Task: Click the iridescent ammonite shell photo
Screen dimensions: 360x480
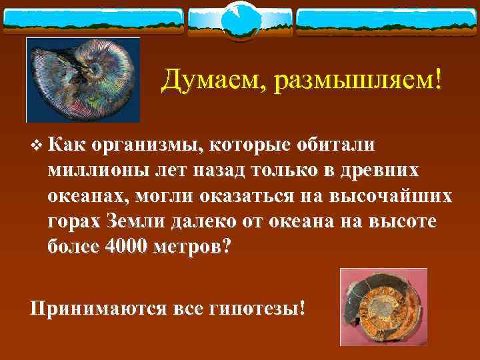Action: [x=83, y=80]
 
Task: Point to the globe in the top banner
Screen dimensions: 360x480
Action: [x=239, y=21]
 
